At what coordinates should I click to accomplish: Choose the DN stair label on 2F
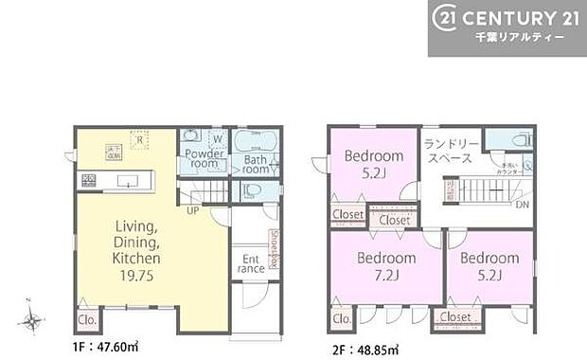[522, 206]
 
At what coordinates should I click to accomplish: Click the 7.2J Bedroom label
[386, 267]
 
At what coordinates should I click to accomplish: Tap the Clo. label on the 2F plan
[342, 319]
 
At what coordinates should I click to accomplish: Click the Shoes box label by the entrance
[274, 248]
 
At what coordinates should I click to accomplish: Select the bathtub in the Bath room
[253, 143]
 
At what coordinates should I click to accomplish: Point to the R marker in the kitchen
[138, 142]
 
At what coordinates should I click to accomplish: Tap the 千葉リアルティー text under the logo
[520, 37]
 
